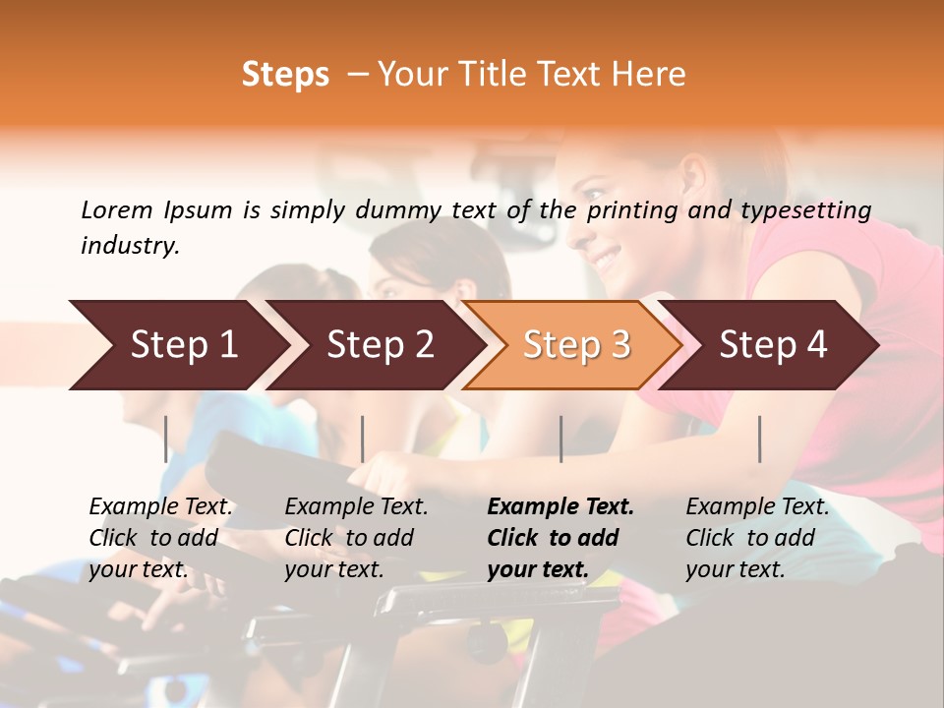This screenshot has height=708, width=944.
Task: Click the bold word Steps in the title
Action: pos(285,75)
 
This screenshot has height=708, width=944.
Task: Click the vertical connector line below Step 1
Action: pos(166,439)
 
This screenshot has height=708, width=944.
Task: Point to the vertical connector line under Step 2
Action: pos(363,439)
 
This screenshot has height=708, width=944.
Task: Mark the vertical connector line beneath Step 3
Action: pos(560,439)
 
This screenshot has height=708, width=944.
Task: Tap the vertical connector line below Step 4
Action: pos(760,439)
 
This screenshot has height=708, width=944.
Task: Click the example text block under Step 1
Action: pos(160,538)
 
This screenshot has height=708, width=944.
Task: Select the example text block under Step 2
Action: pos(356,538)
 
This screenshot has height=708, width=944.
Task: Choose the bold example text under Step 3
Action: pos(560,538)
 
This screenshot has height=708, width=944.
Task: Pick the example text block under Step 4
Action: pos(757,538)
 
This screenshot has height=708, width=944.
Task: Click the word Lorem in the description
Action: pos(117,209)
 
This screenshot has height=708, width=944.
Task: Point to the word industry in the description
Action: pos(130,246)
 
